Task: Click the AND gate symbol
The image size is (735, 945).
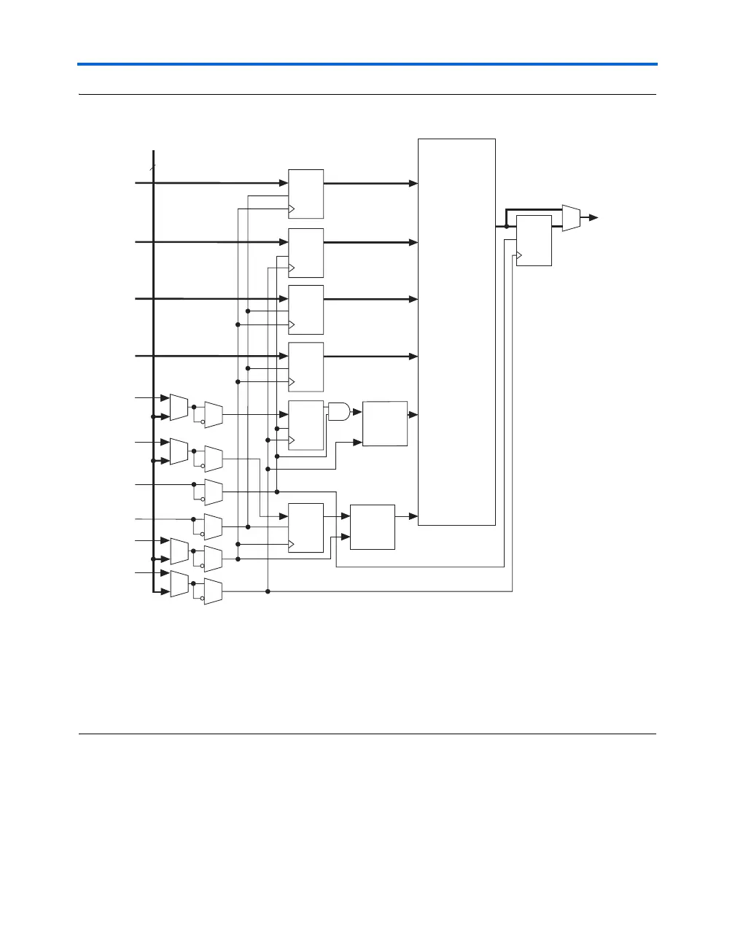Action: tap(339, 412)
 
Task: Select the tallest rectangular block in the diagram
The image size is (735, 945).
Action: tap(456, 331)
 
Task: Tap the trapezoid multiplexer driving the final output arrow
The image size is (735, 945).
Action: tap(571, 217)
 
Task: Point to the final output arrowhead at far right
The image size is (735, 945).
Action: tap(594, 217)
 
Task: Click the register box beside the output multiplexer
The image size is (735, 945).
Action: tap(534, 241)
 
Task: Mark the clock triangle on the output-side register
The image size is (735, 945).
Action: tap(519, 255)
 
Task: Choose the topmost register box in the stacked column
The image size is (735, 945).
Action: tap(306, 194)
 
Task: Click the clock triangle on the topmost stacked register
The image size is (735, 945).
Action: tap(292, 209)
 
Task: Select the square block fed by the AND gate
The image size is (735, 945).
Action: tap(385, 424)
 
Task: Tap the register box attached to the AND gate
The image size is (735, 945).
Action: tap(306, 425)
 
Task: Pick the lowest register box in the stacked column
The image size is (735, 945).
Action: tap(306, 528)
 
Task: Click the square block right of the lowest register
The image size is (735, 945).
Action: tap(373, 526)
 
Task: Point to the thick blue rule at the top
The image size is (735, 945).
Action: tap(367, 65)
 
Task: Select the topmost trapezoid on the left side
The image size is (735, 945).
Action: tap(179, 407)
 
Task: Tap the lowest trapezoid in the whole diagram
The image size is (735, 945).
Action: tap(214, 591)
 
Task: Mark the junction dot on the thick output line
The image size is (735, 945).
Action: tap(507, 227)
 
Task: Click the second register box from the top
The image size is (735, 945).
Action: tap(306, 252)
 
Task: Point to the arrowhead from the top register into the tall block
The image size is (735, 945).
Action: tap(413, 184)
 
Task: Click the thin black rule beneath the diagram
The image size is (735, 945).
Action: tap(367, 734)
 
